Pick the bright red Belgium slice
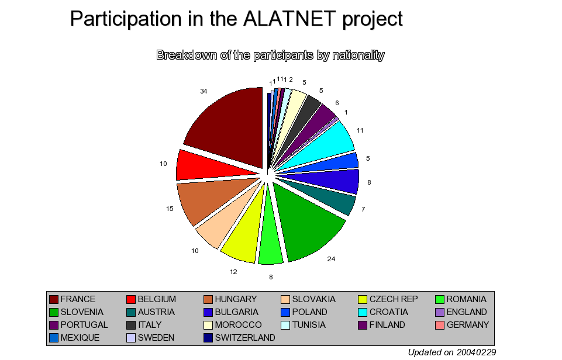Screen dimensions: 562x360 click(208, 165)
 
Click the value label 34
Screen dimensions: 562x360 click(204, 91)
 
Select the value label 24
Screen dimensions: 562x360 click(331, 259)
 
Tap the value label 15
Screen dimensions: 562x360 click(170, 209)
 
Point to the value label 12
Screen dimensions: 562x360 click(233, 272)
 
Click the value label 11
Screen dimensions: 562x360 click(360, 130)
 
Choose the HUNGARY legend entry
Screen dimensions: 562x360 click(230, 299)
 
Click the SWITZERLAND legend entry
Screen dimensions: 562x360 click(239, 338)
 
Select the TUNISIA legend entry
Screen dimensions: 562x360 click(303, 325)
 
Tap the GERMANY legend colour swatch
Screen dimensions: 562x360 click(440, 325)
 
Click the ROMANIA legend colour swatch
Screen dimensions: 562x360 click(440, 299)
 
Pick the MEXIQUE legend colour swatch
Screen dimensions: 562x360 click(54, 338)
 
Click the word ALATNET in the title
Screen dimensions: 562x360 click(289, 19)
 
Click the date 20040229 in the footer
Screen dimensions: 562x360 click(476, 352)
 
